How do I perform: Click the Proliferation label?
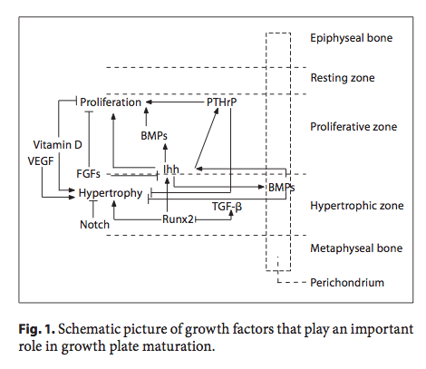(x=111, y=102)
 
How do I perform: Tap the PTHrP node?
(x=221, y=102)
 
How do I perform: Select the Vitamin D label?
(x=57, y=145)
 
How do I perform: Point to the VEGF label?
(x=41, y=161)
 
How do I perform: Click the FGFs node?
(x=88, y=174)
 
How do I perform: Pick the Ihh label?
(x=171, y=170)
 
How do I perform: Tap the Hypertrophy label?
(x=111, y=193)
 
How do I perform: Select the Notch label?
(x=94, y=225)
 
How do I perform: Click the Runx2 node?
(x=178, y=219)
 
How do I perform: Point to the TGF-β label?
(x=227, y=207)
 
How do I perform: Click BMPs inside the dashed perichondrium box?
(x=281, y=188)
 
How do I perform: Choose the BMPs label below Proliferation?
(x=154, y=136)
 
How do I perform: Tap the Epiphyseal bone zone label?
(x=352, y=38)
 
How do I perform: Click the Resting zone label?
(x=343, y=78)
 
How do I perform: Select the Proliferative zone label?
(x=353, y=127)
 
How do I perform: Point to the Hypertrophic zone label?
(x=357, y=206)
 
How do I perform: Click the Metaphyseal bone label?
(x=356, y=248)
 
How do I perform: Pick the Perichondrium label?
(x=347, y=283)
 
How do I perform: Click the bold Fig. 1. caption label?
(x=37, y=329)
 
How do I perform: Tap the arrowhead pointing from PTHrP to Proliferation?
(x=149, y=102)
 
